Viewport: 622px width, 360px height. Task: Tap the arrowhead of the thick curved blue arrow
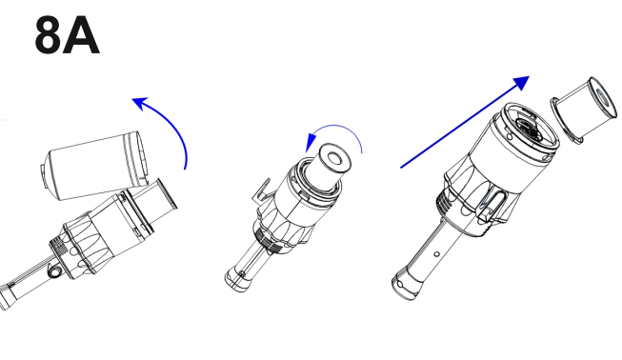(140, 103)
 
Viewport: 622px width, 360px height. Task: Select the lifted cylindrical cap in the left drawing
(95, 166)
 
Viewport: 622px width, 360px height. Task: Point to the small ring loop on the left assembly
(53, 271)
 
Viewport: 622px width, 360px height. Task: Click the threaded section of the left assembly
(57, 245)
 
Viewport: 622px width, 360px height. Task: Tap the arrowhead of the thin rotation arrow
(311, 142)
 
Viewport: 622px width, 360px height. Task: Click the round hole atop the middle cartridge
(335, 159)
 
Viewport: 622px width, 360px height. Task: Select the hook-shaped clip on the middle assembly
(261, 190)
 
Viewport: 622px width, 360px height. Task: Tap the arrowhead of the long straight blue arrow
(521, 83)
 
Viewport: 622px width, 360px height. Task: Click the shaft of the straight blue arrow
(460, 126)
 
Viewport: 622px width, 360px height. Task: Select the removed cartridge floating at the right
(583, 110)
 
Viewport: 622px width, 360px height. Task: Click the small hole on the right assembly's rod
(437, 254)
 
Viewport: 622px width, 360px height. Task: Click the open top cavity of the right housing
(529, 128)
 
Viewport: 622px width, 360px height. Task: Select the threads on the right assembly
(444, 201)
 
